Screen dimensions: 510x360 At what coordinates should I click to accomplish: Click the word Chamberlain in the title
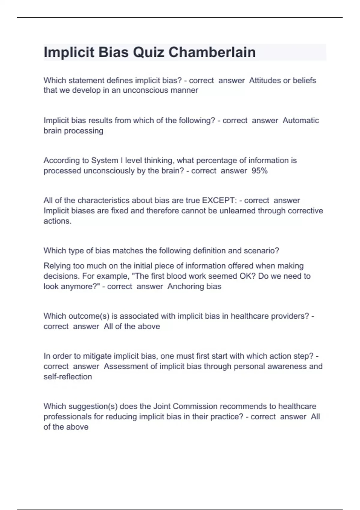(x=212, y=52)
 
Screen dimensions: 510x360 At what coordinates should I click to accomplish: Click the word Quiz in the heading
(x=148, y=52)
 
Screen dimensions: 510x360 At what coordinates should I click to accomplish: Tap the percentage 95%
(x=259, y=171)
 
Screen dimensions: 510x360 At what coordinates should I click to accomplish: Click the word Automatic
(x=301, y=120)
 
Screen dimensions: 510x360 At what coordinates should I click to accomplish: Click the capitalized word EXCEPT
(x=219, y=200)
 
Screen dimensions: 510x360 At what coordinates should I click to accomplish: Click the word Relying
(x=57, y=266)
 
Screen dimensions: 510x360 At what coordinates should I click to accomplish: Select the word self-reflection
(x=68, y=376)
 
